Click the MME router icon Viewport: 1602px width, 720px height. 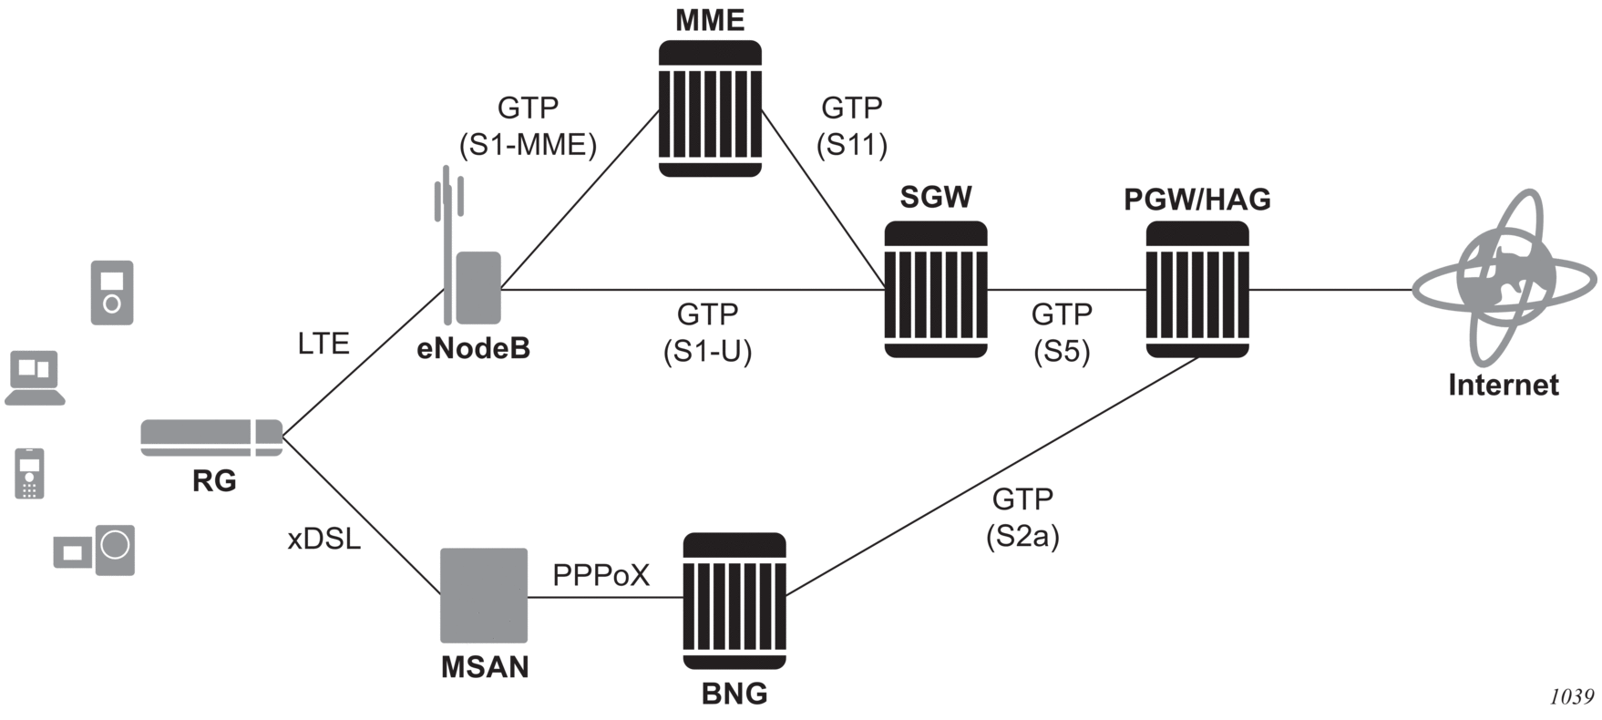710,108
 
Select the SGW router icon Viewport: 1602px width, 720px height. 936,289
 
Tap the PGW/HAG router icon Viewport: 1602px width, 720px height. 1196,289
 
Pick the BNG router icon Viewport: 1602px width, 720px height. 734,603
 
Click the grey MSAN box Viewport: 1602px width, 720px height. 484,595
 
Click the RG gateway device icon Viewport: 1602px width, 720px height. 211,437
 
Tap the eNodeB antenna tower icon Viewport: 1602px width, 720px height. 470,264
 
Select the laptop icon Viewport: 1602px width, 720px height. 35,377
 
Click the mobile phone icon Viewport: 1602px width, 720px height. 29,474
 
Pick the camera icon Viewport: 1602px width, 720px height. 95,550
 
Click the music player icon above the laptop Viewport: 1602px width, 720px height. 112,293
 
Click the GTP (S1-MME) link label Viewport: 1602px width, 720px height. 528,126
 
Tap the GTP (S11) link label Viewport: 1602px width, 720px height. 851,126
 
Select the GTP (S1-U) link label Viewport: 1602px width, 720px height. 707,333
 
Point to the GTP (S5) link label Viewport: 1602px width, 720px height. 1062,333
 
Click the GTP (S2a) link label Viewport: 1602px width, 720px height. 1022,518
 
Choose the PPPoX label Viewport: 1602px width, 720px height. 601,576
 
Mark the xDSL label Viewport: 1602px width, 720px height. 324,540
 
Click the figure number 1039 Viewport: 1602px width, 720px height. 1572,697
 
